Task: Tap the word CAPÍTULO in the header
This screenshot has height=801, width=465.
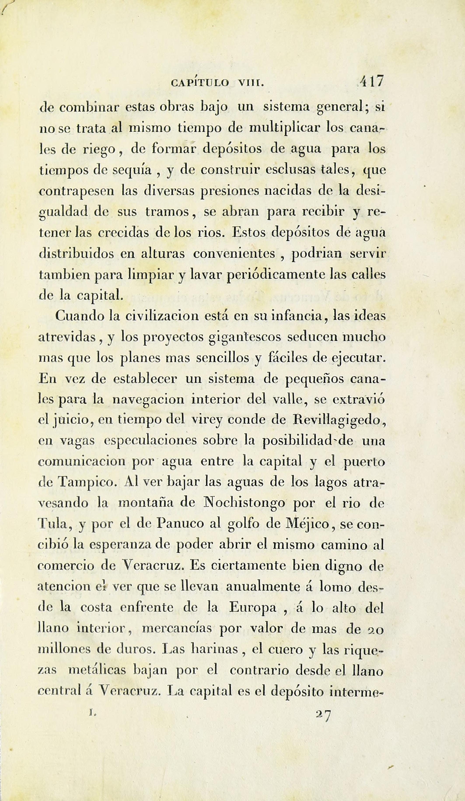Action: [x=200, y=83]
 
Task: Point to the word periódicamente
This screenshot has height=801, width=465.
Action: [x=276, y=274]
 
